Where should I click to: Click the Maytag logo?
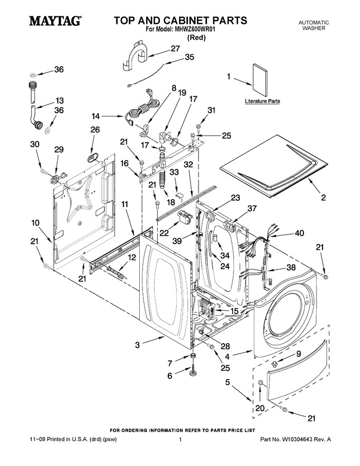[55, 21]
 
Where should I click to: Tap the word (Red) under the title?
[196, 38]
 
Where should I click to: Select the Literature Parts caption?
[262, 101]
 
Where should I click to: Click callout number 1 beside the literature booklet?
[229, 77]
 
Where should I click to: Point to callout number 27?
[175, 48]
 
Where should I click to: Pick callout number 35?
[189, 57]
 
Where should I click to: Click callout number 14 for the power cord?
[96, 116]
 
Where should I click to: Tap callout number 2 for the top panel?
[323, 198]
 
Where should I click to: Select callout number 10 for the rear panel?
[35, 222]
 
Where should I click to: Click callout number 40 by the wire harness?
[299, 234]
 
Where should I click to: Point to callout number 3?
[137, 345]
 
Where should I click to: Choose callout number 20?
[260, 408]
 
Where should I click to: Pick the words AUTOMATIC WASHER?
[313, 25]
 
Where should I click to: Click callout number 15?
[234, 311]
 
